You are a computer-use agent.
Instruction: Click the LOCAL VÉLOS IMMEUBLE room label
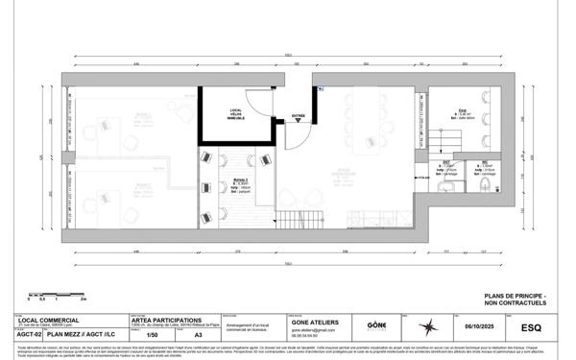(x=235, y=114)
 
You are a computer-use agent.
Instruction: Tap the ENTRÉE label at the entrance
(x=298, y=117)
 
